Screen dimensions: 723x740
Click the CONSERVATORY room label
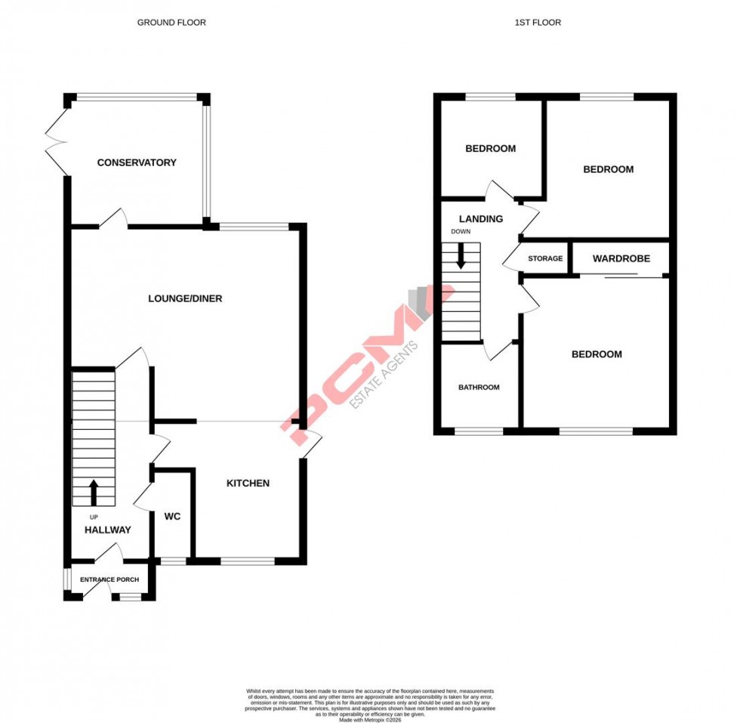tap(137, 162)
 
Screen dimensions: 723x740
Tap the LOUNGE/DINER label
tap(185, 298)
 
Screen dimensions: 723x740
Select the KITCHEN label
tap(248, 484)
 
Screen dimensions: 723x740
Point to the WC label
tap(172, 517)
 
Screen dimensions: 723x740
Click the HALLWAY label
tap(107, 530)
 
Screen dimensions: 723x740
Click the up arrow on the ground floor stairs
tap(94, 492)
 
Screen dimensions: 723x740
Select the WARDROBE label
tap(621, 258)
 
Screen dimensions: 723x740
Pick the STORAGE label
tap(545, 258)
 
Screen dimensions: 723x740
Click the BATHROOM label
tap(479, 388)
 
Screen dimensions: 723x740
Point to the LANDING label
tap(481, 219)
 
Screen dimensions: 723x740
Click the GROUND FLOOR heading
tap(171, 23)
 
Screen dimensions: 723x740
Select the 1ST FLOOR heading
tap(538, 23)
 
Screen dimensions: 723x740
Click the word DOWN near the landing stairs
tap(460, 232)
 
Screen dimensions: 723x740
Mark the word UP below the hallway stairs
tap(94, 517)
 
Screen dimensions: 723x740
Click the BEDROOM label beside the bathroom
tap(597, 354)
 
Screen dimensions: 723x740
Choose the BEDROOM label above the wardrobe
tap(608, 169)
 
